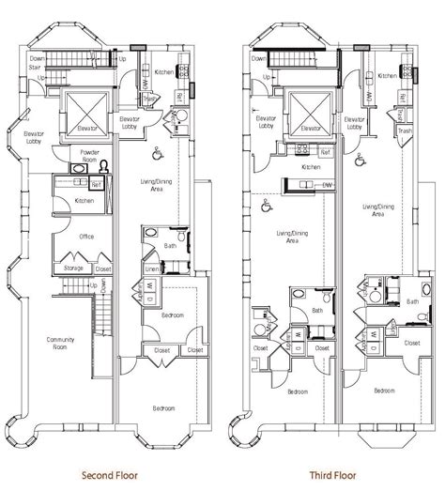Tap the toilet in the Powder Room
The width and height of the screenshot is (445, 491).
[105, 166]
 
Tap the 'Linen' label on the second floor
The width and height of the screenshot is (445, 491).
[150, 269]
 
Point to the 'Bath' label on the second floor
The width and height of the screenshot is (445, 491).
[170, 246]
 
